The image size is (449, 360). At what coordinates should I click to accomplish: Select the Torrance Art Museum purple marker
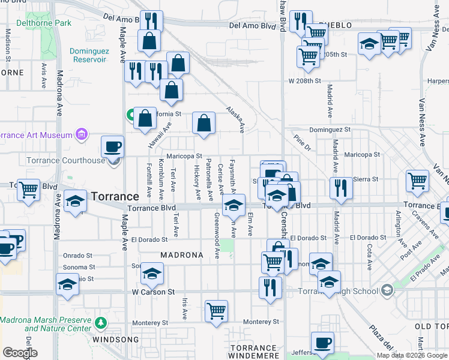83,135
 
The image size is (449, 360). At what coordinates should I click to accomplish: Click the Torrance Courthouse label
66,160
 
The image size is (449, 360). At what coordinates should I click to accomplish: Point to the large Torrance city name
115,196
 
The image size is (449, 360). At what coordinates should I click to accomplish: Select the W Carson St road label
153,292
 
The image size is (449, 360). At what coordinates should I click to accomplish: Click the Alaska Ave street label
235,119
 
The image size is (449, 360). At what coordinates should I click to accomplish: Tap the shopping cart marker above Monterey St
216,311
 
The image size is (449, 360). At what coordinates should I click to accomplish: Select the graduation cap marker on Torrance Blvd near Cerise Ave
234,205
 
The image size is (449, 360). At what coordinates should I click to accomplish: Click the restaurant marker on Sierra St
340,188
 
